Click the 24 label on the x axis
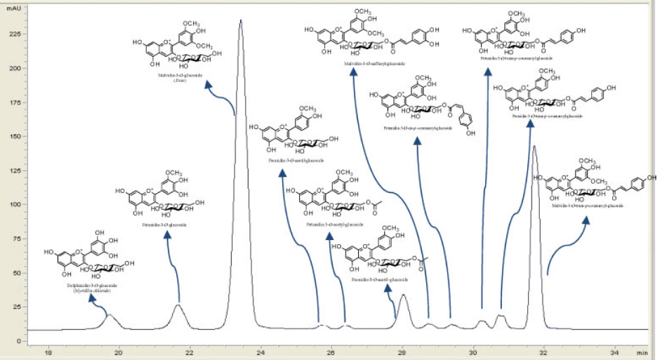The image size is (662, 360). tap(261, 352)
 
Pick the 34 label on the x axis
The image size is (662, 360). tap(614, 352)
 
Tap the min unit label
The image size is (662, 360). tap(642, 352)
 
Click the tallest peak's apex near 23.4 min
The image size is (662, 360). tap(241, 20)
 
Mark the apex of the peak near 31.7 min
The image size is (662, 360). tap(535, 147)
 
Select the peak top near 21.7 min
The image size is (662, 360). tap(179, 305)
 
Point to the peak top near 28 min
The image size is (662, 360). tap(403, 295)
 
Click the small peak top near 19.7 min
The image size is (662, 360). tap(110, 315)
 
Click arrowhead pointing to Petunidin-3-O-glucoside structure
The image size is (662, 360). tap(168, 234)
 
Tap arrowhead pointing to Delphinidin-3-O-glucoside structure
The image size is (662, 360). tap(93, 298)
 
